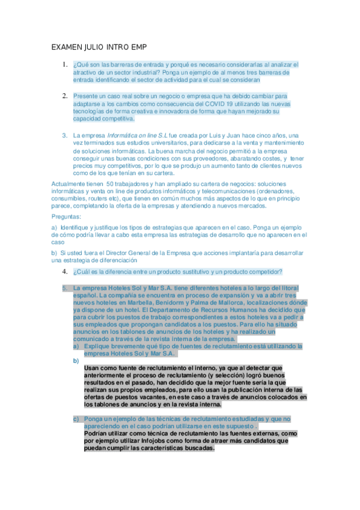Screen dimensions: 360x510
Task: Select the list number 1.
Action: point(64,64)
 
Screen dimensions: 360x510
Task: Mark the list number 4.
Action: point(64,271)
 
